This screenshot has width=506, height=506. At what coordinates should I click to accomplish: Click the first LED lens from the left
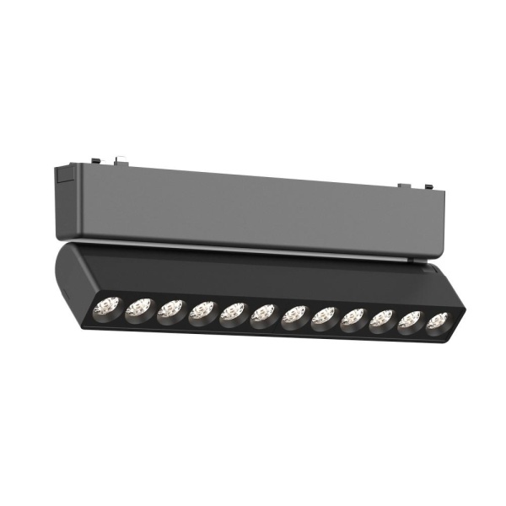click(107, 307)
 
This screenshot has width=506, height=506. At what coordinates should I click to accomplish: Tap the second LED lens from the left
click(137, 310)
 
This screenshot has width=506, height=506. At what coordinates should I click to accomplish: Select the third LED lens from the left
click(170, 311)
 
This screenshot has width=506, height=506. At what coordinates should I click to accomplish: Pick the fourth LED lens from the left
click(202, 313)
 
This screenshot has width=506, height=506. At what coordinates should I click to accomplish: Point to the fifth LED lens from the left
click(233, 315)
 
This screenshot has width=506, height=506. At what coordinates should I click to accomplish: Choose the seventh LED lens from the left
click(293, 317)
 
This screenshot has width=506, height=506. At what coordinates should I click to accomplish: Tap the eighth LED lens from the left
click(323, 319)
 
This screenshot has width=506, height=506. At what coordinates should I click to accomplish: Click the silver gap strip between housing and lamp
click(253, 247)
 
